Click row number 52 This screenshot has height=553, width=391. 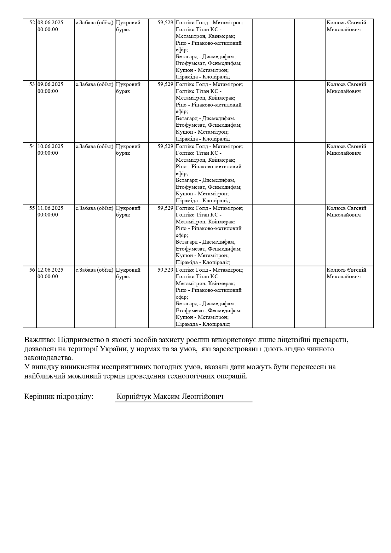32,23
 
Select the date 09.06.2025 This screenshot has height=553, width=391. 50,84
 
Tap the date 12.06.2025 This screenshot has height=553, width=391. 50,270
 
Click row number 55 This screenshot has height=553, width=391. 32,208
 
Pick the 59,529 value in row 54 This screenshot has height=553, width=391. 165,146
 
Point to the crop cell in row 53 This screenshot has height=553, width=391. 128,88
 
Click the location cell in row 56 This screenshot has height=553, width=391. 95,270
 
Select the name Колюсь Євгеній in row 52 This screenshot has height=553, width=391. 346,23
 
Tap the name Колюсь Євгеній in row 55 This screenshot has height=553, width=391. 346,208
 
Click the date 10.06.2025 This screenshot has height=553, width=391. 50,146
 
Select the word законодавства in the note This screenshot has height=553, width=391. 48,358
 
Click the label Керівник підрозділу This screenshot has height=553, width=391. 59,396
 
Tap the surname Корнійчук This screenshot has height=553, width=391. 134,396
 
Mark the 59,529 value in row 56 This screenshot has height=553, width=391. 165,270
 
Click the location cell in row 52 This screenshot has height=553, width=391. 95,23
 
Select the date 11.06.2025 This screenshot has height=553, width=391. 50,208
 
